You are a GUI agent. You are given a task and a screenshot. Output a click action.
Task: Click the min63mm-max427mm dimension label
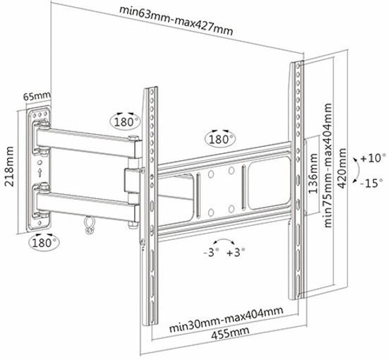[176, 21]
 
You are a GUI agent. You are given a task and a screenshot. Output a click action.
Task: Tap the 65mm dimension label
[37, 96]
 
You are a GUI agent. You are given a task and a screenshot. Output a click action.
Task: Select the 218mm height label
[10, 167]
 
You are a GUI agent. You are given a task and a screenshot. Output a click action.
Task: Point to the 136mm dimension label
[313, 174]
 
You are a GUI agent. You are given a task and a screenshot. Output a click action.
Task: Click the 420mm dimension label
[342, 169]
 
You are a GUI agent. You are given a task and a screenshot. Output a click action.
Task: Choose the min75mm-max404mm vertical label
[327, 165]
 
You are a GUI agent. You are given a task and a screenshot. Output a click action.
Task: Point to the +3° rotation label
[236, 253]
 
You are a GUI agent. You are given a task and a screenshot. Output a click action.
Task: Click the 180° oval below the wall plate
[44, 243]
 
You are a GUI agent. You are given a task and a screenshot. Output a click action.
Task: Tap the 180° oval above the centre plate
[220, 139]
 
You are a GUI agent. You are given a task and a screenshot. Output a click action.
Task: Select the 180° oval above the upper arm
[125, 122]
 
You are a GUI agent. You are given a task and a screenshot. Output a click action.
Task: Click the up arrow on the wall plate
[40, 172]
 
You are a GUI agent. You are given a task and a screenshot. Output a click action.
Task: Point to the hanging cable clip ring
[89, 225]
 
